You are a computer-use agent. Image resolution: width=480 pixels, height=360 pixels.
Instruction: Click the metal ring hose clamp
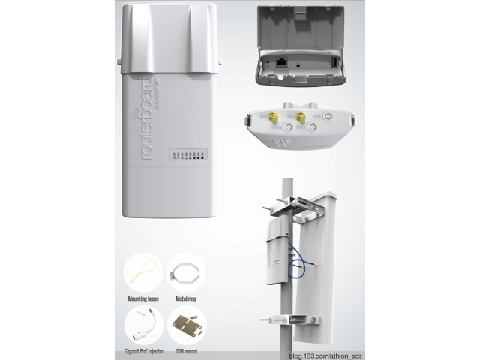[x=185, y=273]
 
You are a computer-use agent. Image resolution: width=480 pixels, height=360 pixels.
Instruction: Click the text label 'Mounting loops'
[x=142, y=298]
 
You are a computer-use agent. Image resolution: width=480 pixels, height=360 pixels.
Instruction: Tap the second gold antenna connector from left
[x=300, y=116]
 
